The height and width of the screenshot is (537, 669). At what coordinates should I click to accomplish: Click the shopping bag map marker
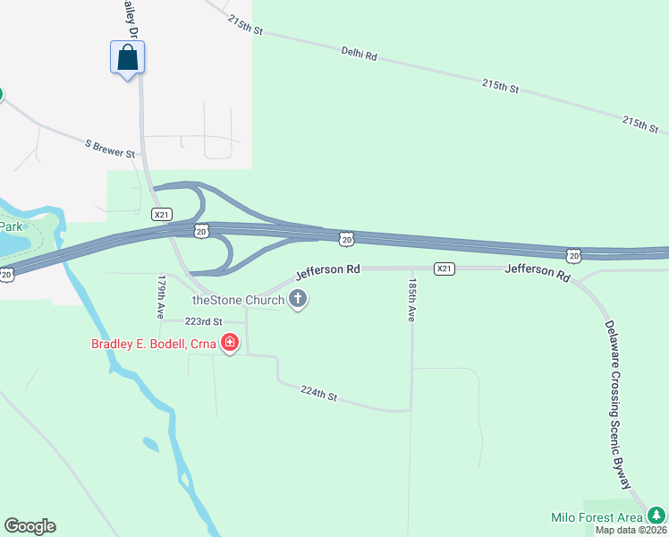coord(127,59)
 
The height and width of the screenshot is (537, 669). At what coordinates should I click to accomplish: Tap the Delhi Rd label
coord(360,55)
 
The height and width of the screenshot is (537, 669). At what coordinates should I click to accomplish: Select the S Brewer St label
coord(110,148)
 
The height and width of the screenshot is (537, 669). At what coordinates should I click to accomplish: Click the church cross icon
coord(298,300)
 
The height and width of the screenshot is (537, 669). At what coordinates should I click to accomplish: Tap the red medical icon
coord(230,343)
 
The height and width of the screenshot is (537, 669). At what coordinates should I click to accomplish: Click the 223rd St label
coord(203,321)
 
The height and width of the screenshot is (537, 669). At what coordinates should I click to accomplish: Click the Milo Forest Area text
coord(597,517)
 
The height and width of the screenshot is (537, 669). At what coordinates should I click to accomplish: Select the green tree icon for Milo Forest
coord(657,515)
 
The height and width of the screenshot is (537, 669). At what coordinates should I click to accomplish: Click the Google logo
coord(30,526)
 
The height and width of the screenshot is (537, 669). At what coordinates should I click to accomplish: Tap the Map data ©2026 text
coord(631,530)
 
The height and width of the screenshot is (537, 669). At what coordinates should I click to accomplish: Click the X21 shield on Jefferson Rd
coord(445,268)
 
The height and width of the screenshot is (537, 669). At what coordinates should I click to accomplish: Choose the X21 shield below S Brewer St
coord(161,214)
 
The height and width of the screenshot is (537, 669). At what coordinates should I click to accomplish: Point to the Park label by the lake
coord(10,226)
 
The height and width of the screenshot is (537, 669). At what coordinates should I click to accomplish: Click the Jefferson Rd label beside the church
coord(328,269)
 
